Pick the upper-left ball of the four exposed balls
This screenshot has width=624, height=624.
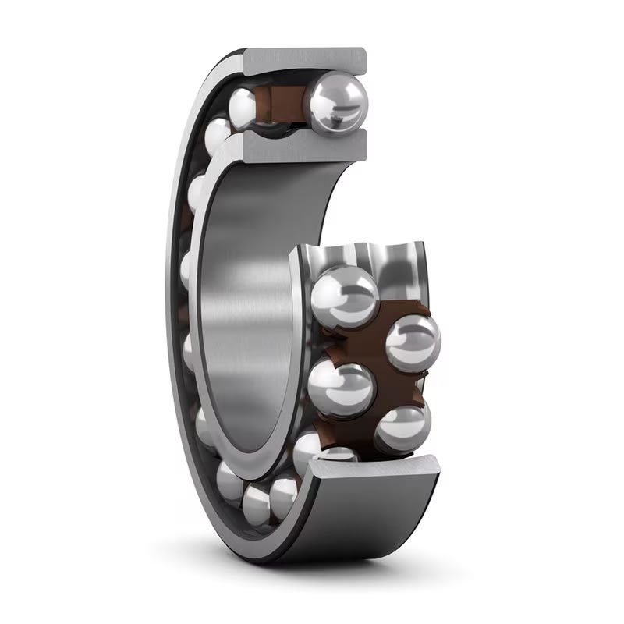coord(343,296)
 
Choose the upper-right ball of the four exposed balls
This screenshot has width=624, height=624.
coord(413,340)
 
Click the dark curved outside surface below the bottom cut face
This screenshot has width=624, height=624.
coord(367,530)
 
